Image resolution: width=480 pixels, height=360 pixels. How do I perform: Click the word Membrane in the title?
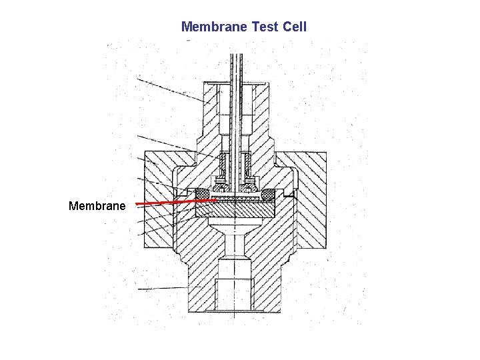214,27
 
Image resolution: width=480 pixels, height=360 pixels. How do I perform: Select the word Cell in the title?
294,27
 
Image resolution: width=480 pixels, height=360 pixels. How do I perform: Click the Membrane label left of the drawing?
97,206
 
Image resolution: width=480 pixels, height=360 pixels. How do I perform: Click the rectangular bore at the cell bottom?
235,283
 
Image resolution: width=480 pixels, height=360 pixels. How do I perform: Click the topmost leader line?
170,90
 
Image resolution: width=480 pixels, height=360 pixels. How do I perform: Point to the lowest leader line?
163,288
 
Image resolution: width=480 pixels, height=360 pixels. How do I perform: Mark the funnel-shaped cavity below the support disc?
235,231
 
